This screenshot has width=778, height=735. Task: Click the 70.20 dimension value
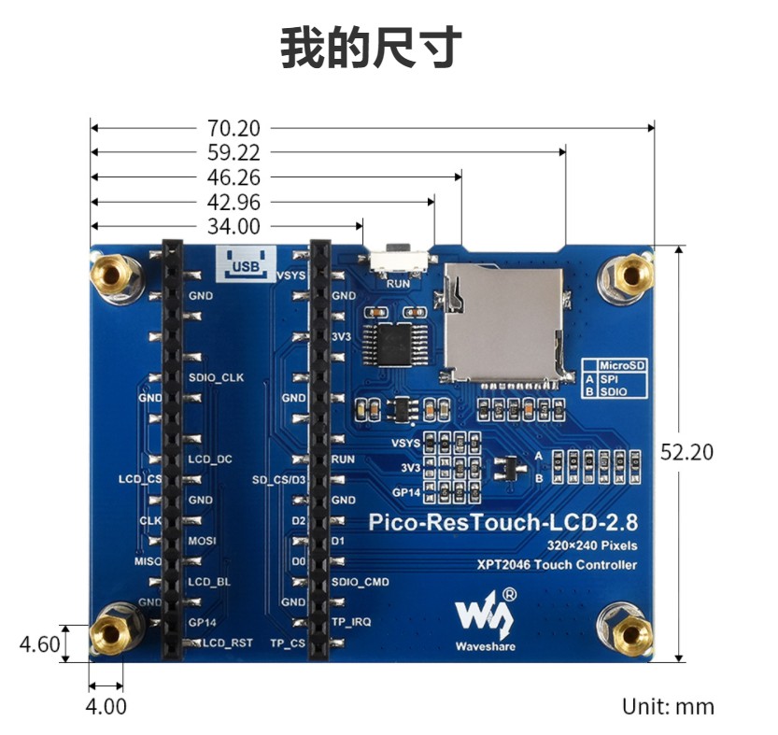point(233,128)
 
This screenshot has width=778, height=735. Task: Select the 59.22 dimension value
point(233,152)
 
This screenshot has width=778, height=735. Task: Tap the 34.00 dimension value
point(233,226)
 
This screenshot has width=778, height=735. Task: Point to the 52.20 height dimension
point(686,452)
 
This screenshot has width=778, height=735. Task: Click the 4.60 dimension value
point(39,644)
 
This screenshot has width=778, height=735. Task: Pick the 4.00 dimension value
point(106,706)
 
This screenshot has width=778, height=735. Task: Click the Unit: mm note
point(668,706)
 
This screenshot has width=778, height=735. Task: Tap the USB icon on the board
point(247,263)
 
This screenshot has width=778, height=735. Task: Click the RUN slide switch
point(400,260)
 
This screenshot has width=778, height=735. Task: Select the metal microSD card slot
point(502,323)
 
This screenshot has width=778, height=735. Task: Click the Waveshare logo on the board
point(486,619)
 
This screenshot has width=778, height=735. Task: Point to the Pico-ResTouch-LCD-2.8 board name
point(502,522)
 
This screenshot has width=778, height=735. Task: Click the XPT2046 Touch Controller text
point(557,565)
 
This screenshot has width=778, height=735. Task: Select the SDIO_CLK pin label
point(217,377)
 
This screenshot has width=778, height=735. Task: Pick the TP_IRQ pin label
point(351,622)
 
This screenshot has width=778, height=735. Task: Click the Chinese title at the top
point(371,49)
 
